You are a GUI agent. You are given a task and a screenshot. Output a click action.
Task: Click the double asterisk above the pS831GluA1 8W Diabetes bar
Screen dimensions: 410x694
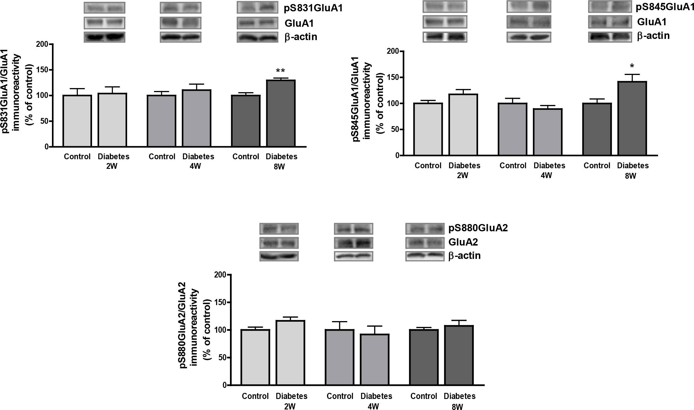[x=281, y=71]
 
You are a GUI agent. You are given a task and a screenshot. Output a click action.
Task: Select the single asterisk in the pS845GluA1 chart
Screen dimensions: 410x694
[x=632, y=66]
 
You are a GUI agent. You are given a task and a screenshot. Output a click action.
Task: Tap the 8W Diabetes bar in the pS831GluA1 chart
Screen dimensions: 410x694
[x=281, y=113]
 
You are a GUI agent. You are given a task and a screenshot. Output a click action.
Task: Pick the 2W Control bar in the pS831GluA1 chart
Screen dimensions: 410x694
[x=77, y=121]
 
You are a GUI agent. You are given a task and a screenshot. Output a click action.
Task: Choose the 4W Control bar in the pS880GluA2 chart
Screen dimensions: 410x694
[x=340, y=357]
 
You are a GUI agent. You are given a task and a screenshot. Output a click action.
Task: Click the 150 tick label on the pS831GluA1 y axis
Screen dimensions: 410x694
[x=42, y=70]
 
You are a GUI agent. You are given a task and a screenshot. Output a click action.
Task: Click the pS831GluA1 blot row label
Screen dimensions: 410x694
[x=313, y=8]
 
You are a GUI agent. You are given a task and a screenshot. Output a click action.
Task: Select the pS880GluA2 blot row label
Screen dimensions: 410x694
[x=478, y=228]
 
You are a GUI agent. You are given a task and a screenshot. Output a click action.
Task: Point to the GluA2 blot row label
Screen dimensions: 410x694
[x=463, y=242]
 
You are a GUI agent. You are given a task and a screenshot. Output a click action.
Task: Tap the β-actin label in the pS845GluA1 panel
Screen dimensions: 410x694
[x=653, y=36]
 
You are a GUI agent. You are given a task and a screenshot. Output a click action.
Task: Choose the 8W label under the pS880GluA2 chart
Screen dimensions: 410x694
[x=457, y=407]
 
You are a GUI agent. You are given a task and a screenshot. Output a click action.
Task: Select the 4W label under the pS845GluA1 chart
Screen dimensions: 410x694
[x=546, y=176]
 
